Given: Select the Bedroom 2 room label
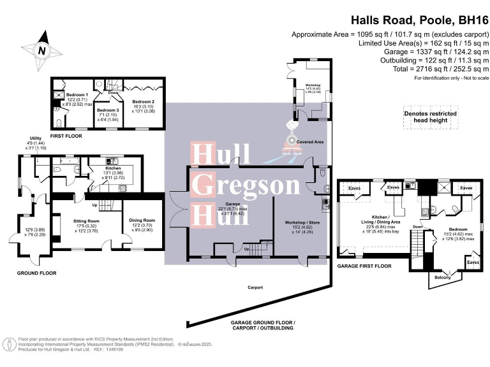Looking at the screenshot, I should [144, 101].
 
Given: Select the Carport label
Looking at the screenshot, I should [256, 288].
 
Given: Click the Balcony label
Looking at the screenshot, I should [443, 277].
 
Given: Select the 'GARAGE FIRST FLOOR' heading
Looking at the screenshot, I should [364, 266].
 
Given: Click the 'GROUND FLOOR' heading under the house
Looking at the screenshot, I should [36, 273].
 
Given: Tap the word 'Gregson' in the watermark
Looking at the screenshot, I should [246, 185].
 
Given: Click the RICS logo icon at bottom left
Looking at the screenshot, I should [11, 345].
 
